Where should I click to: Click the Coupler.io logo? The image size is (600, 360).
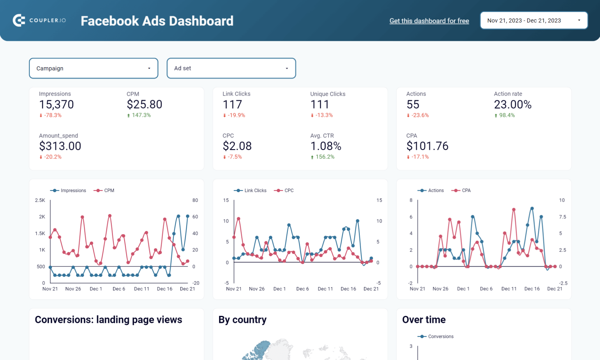pos(39,20)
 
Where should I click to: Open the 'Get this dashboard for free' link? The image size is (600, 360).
pos(429,21)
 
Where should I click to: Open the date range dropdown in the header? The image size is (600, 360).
pos(534,20)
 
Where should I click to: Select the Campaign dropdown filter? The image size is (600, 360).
pos(93,68)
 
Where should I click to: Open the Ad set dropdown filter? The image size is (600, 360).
pos(231,68)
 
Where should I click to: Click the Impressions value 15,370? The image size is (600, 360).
pos(56,105)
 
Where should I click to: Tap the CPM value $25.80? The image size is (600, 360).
pos(144,105)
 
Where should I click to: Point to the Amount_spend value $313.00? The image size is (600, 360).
pos(60,146)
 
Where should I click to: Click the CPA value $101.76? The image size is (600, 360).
pos(427,146)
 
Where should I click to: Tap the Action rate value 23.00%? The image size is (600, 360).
pos(512,105)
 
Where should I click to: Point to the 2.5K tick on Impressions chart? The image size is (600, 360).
pos(40,200)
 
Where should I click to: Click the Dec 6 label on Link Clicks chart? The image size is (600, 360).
pos(302,289)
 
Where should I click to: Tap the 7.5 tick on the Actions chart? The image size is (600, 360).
pos(562,217)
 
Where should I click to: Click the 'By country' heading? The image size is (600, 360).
pos(242,320)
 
